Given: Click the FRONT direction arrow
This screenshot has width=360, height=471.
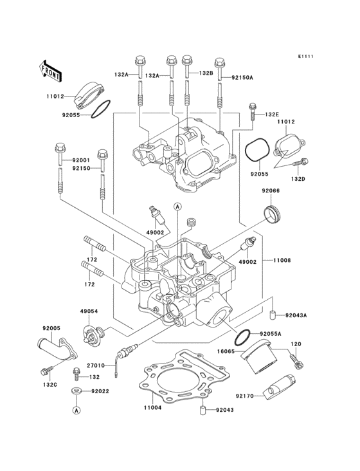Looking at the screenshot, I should (x=51, y=70).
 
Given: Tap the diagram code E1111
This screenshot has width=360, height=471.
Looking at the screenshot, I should (x=305, y=57).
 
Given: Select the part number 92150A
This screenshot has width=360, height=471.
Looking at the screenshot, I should (x=241, y=77).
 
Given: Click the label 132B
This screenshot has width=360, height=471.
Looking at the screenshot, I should (x=206, y=74).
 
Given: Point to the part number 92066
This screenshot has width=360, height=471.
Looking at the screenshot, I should (x=270, y=191).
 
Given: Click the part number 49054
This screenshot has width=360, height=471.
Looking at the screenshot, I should (x=89, y=311).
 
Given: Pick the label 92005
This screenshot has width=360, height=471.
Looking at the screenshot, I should (x=51, y=328).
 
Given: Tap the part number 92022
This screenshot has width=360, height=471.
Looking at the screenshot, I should (x=100, y=391).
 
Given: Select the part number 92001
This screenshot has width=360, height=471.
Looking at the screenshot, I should (x=81, y=160).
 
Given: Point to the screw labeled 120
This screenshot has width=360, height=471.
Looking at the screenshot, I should (x=297, y=364).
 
